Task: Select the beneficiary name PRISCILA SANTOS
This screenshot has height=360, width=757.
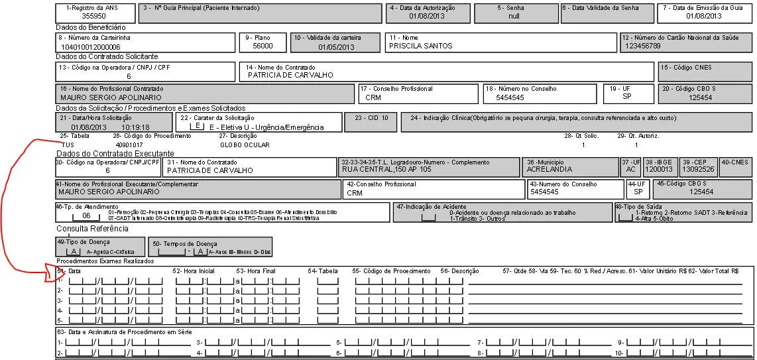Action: click(x=420, y=46)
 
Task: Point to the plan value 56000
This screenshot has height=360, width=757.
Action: click(x=262, y=46)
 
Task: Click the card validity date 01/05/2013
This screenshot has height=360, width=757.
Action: click(x=336, y=47)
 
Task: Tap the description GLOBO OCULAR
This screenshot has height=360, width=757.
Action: click(x=245, y=144)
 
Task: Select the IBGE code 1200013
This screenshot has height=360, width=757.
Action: click(x=658, y=170)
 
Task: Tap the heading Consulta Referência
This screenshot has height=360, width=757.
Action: click(x=92, y=229)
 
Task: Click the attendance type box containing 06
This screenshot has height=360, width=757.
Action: click(x=86, y=215)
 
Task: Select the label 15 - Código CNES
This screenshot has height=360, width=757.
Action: click(x=685, y=68)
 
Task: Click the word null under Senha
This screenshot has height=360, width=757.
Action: click(x=514, y=16)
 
